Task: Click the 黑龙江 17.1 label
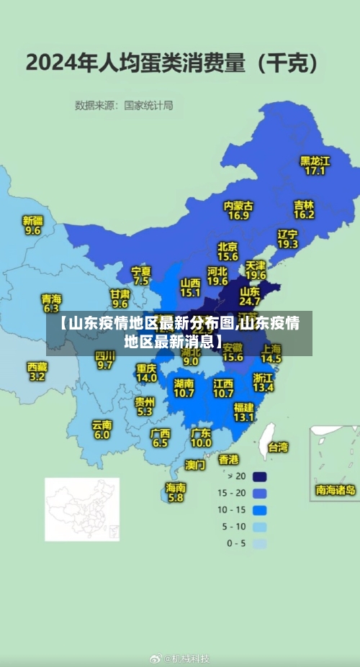[315, 165]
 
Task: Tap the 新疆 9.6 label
[32, 225]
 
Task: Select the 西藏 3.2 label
[37, 371]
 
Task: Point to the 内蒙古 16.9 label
[238, 210]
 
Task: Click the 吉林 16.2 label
[304, 209]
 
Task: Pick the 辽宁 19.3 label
[287, 239]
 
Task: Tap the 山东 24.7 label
[250, 296]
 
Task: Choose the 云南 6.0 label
[102, 430]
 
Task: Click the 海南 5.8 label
[176, 492]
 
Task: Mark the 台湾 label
[278, 447]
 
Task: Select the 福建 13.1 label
[244, 412]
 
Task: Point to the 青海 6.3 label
[51, 303]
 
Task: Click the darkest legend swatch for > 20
[260, 476]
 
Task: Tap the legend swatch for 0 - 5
[260, 543]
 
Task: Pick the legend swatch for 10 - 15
[260, 509]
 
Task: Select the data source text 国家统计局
[148, 105]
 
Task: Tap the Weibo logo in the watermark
[154, 658]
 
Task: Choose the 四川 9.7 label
[105, 360]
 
